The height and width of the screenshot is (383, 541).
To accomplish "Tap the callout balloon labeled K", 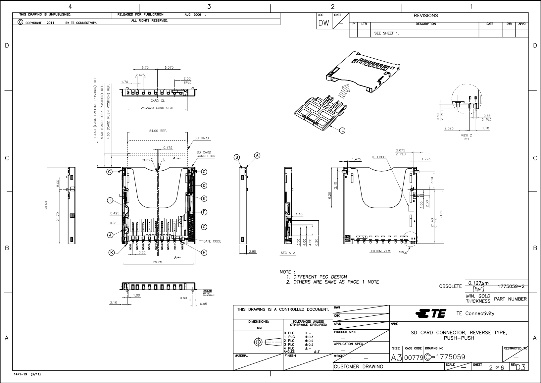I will tap(112, 253).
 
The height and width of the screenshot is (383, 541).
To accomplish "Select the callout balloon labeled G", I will tap(204, 227).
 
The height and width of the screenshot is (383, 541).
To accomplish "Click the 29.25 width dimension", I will tap(158, 262).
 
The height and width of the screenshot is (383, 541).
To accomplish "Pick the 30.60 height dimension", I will tap(46, 206).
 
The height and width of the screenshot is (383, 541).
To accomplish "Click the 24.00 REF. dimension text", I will tap(158, 131).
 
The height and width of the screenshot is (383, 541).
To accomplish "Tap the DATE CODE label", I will tap(212, 241).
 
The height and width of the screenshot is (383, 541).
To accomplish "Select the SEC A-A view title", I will tap(288, 253).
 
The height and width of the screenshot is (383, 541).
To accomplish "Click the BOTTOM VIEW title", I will tap(380, 251).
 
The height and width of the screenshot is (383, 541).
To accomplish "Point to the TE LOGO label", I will tap(378, 157).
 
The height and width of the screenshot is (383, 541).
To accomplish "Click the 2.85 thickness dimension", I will tap(252, 252).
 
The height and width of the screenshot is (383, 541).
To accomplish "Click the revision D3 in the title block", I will tap(520, 367).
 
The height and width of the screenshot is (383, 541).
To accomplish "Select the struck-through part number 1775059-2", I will tap(510, 287).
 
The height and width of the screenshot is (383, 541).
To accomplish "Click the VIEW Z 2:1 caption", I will tap(466, 137).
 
